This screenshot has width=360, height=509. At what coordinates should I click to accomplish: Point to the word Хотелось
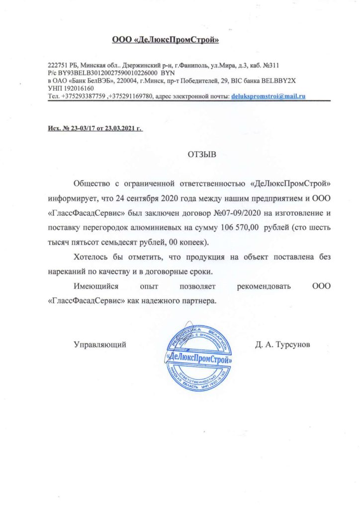(93, 258)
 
